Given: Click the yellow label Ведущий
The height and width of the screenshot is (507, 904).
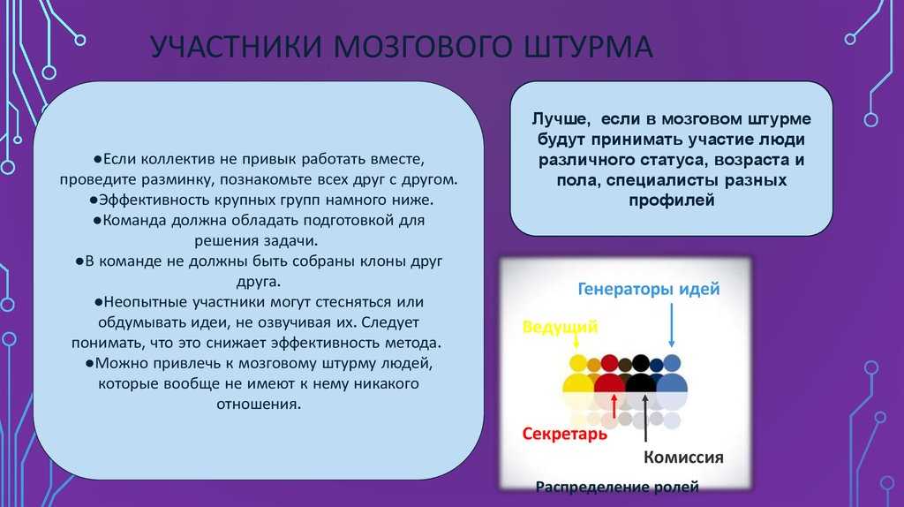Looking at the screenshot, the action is (560, 327).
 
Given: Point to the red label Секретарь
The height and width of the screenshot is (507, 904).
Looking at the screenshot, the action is (564, 433).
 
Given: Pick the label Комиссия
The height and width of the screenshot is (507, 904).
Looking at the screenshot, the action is (683, 458).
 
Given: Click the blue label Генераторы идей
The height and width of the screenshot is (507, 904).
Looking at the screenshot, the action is (649, 289).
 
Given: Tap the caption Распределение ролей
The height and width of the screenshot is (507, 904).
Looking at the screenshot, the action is (617, 487).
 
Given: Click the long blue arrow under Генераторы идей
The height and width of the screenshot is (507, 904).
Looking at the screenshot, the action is (672, 325).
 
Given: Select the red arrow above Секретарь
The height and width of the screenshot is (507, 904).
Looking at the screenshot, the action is (614, 406).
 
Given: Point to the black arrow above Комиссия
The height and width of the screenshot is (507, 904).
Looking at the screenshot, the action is (645, 418).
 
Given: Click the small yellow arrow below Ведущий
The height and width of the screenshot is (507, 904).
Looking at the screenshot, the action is (576, 342).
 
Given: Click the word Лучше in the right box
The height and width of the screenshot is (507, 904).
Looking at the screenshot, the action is (561, 119).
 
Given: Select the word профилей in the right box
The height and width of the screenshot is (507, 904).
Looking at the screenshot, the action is (672, 201).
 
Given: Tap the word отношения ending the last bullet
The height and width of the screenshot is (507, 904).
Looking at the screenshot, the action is (259, 404).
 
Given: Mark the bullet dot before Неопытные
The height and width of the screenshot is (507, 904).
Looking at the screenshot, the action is (99, 302).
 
